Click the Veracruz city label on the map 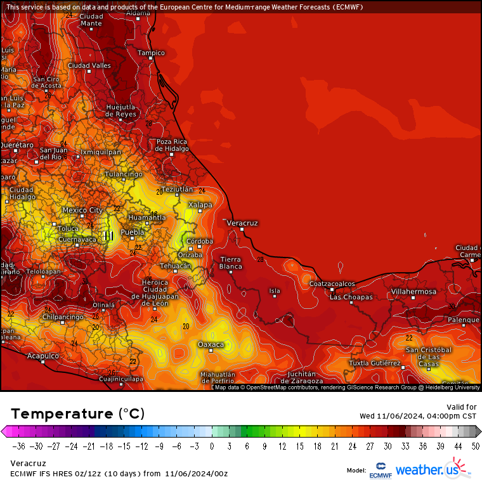242,223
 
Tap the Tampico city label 151,53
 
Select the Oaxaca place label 211,344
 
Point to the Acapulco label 42,356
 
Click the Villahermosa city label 413,291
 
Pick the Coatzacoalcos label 332,283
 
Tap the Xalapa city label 200,205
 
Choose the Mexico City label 82,210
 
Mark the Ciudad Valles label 89,65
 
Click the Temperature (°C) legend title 77,414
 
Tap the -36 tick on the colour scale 20,446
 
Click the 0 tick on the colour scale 211,446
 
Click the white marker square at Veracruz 242,230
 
